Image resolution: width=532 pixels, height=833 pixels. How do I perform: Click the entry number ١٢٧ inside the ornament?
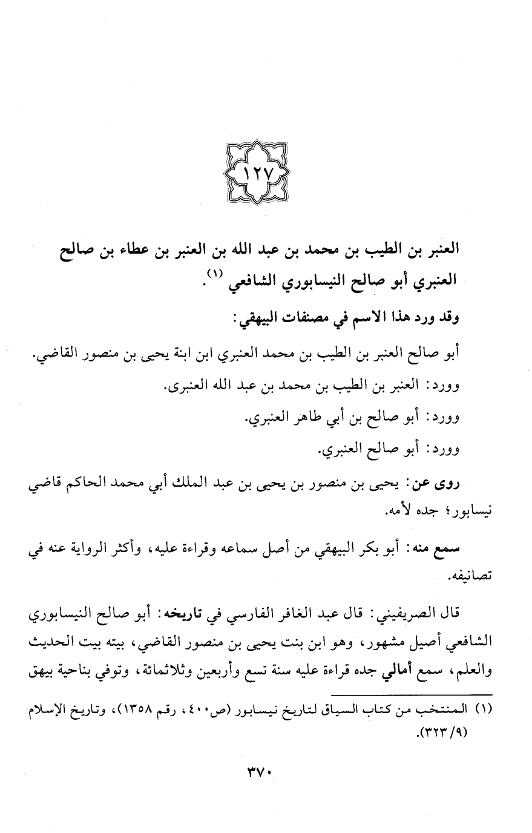point(257,180)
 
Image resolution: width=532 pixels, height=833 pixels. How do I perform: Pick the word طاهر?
point(284,418)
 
